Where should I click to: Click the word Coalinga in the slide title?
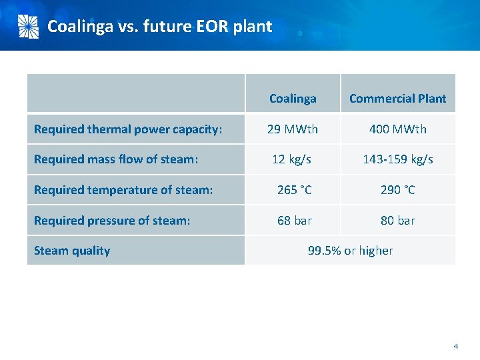point(80,27)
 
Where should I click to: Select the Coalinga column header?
point(293,99)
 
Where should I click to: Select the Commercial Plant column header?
point(397,99)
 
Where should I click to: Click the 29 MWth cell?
point(293,129)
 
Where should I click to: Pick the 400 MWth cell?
point(397,129)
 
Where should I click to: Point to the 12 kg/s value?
point(293,159)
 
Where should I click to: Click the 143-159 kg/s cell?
point(397,159)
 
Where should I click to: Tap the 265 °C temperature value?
point(294,190)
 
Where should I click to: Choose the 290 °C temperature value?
point(397,190)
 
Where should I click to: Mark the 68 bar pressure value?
point(294,221)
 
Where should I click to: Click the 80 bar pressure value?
point(397,221)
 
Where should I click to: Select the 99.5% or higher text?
point(350,251)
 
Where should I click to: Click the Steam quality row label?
point(72,251)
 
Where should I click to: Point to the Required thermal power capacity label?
point(127,129)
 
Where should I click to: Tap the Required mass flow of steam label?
point(116,159)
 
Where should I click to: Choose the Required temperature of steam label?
point(123,190)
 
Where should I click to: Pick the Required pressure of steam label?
point(112,221)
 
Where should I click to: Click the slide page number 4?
point(455,346)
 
